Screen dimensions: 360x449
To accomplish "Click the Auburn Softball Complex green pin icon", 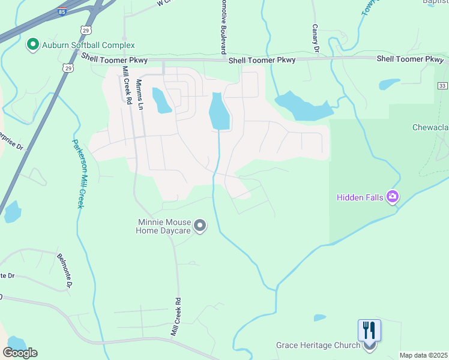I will coord(32,44).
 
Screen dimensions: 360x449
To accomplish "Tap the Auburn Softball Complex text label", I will coord(88,45).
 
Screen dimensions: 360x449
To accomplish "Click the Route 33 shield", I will coord(442,86).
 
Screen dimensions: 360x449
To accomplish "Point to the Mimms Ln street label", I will coord(140,94).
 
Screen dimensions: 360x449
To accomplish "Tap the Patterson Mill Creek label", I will coord(78,173).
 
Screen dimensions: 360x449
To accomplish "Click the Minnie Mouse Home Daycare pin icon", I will coord(200,226).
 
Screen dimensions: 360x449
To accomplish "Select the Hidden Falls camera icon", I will coord(393,196).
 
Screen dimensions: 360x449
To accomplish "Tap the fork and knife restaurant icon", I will coord(369,330).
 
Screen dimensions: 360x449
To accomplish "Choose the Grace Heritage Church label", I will coord(318,345).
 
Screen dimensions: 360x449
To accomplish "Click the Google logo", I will coord(20,353).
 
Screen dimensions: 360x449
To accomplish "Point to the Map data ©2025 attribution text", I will coord(423,355).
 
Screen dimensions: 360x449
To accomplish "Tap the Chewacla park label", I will coord(430,127).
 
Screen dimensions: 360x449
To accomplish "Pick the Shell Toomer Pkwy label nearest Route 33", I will coord(409,59).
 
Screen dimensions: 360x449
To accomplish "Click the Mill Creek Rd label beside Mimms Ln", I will coord(126,85).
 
